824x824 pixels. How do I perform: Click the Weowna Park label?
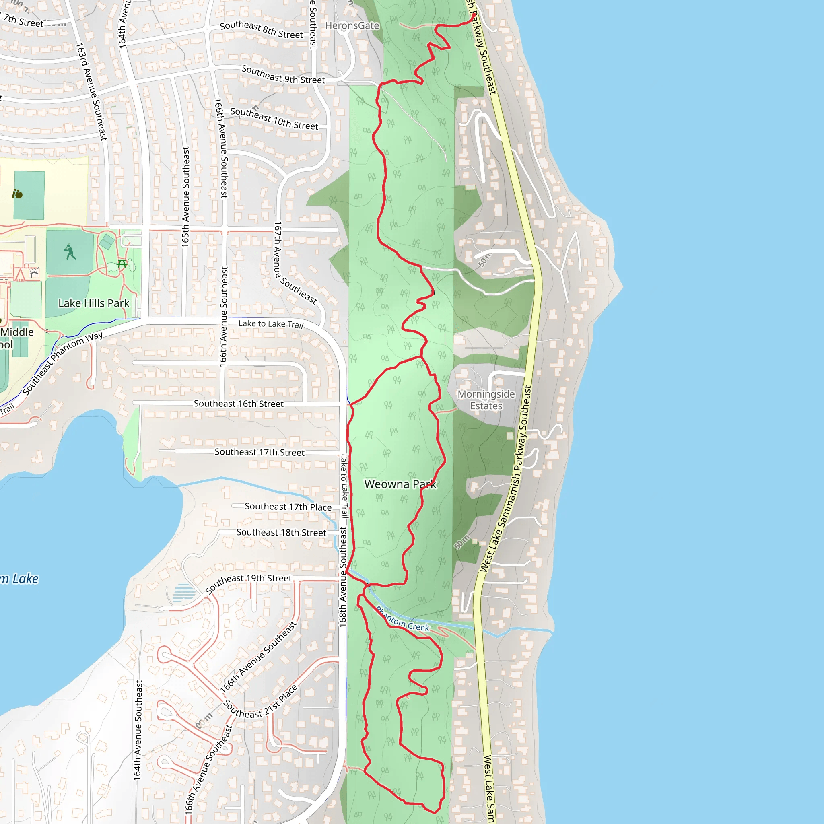pos(400,484)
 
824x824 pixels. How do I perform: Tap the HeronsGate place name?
pos(352,26)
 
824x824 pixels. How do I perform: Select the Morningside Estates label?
pos(486,400)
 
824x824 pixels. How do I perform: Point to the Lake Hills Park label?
pos(93,303)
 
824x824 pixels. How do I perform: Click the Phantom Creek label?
pos(403,620)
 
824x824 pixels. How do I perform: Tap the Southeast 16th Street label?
pos(239,404)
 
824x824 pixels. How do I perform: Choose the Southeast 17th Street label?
pos(260,452)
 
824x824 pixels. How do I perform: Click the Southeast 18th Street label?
pos(281,532)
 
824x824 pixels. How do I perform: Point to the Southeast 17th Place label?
pos(288,507)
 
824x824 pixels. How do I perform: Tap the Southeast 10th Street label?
pos(274,119)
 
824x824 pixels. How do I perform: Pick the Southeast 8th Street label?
pos(262,30)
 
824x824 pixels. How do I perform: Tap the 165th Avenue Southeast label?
pos(185,197)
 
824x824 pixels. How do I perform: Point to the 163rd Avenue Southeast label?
pos(91,91)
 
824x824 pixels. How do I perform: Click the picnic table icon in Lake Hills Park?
pos(122,263)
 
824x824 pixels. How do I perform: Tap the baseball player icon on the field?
pos(70,251)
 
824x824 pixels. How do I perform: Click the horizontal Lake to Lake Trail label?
pos(270,324)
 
